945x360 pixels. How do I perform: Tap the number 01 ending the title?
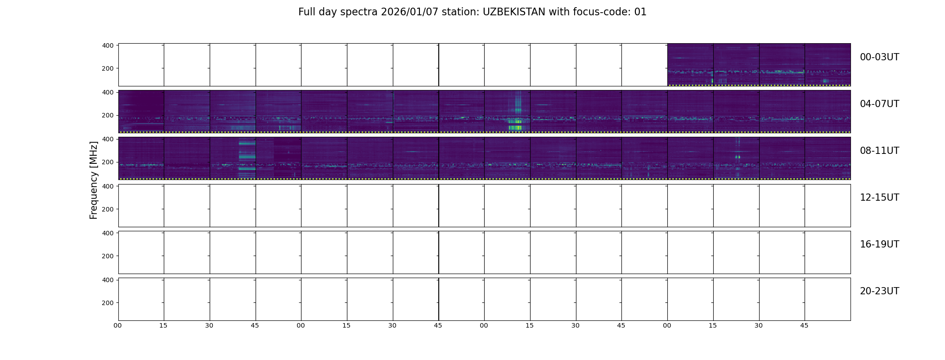[x=640, y=12]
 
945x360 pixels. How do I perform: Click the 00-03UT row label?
[x=879, y=57]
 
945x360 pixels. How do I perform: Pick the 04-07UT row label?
[x=879, y=104]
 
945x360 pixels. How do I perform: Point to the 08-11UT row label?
[x=879, y=151]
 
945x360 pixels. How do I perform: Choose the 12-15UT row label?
[x=879, y=198]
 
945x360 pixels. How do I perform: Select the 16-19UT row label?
[x=879, y=244]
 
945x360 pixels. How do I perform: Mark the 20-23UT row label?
[x=879, y=291]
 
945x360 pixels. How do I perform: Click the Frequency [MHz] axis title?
[x=94, y=180]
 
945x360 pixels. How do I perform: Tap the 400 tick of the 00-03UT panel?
[x=108, y=45]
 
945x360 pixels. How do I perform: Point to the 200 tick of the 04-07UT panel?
[x=108, y=115]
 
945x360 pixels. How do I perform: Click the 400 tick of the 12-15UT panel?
[x=108, y=186]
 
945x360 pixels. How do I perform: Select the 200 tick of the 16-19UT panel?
[x=108, y=256]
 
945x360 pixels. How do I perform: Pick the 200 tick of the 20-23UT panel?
[x=108, y=303]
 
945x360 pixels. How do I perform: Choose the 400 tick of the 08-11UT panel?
[x=108, y=139]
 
